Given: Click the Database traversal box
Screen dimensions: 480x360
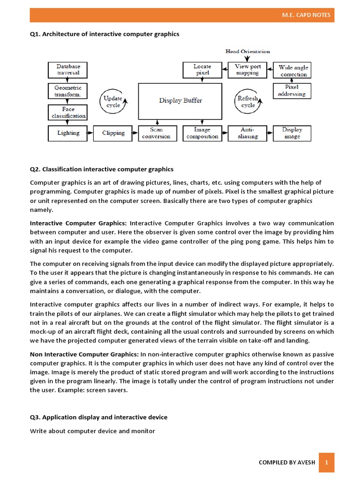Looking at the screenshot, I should (x=68, y=70).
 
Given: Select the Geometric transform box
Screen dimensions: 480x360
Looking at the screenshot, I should (x=68, y=91).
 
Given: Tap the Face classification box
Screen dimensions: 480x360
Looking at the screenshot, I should (x=68, y=112).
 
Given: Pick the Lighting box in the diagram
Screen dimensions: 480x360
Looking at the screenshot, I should (x=68, y=133).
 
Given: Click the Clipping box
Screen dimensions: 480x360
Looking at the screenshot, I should (x=113, y=133).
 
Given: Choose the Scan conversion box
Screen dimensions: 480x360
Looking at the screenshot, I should (x=157, y=133).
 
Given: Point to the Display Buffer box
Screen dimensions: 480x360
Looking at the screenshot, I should (x=180, y=101).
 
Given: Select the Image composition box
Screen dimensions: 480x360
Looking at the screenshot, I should (x=202, y=133).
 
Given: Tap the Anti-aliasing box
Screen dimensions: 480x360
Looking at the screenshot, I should (x=247, y=133).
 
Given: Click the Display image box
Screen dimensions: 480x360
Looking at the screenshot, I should (x=292, y=133).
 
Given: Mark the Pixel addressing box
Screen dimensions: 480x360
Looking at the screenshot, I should (x=292, y=90).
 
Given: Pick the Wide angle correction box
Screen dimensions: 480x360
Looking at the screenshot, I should (x=293, y=71).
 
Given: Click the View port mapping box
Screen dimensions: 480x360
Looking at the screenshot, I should (x=247, y=70).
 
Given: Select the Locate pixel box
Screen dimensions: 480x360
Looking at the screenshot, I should (x=202, y=70).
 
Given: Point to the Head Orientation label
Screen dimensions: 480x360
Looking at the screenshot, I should (x=247, y=52).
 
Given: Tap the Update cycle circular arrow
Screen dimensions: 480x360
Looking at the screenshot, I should (x=113, y=102).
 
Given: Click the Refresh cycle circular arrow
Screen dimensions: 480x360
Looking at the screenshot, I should (x=247, y=102).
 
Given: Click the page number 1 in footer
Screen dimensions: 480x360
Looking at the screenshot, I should (x=326, y=462).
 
